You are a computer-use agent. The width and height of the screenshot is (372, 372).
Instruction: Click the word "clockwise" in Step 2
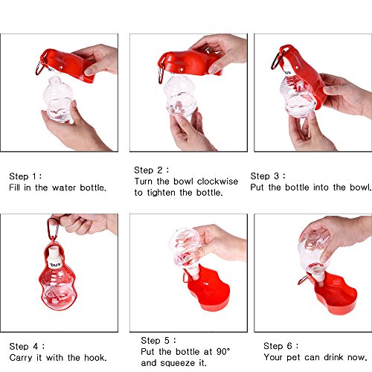pyautogui.click(x=217, y=182)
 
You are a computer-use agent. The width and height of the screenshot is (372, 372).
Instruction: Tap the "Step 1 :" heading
pyautogui.click(x=25, y=176)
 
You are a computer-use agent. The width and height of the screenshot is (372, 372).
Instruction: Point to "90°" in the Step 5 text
pyautogui.click(x=223, y=352)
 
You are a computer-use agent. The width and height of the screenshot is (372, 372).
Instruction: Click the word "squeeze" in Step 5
pyautogui.click(x=179, y=363)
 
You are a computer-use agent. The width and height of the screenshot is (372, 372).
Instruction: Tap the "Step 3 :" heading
pyautogui.click(x=268, y=176)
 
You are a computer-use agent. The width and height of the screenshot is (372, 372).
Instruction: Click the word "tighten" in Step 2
pyautogui.click(x=161, y=193)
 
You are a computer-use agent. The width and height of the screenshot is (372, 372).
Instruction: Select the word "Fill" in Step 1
pyautogui.click(x=15, y=187)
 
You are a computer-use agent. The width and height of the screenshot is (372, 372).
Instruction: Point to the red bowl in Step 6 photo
pyautogui.click(x=335, y=295)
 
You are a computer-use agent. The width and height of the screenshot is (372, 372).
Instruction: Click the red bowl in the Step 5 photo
pyautogui.click(x=208, y=289)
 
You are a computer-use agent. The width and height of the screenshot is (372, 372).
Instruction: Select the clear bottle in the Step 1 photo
pyautogui.click(x=57, y=100)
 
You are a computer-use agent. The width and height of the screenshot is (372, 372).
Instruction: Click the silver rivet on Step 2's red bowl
pyautogui.click(x=182, y=69)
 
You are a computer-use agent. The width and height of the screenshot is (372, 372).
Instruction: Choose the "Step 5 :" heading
pyautogui.click(x=158, y=341)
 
